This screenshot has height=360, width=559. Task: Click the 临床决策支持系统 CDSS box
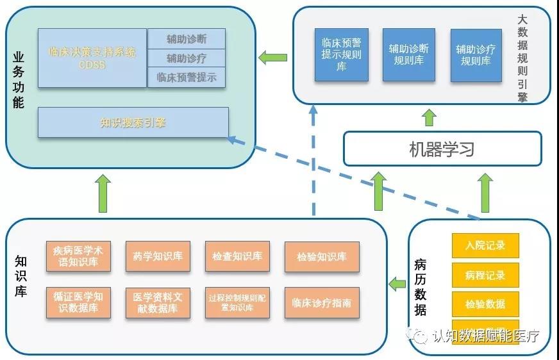[x=92, y=58]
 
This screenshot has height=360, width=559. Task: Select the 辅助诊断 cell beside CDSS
[x=187, y=38]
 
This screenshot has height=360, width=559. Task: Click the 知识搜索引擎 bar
[x=133, y=122]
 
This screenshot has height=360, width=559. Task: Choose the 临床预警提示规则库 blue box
[x=341, y=55]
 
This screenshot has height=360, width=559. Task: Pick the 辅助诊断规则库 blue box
[x=408, y=55]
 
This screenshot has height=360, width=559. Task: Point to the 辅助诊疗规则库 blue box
[x=476, y=55]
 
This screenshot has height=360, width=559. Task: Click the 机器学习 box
[x=442, y=149]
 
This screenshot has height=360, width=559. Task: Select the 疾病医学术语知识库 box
[x=78, y=256]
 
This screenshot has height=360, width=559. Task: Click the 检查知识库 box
[x=237, y=256]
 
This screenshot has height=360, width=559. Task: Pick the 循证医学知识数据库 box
[x=78, y=302]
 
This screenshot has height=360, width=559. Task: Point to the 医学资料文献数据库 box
[x=158, y=302]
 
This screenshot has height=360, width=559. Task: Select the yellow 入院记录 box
[x=485, y=245]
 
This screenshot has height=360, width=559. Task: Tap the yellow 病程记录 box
[x=485, y=275]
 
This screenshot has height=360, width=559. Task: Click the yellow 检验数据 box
[x=485, y=304]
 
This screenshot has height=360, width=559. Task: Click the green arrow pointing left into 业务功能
[x=272, y=58]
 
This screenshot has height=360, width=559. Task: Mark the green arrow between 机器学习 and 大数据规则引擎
[x=429, y=118]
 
